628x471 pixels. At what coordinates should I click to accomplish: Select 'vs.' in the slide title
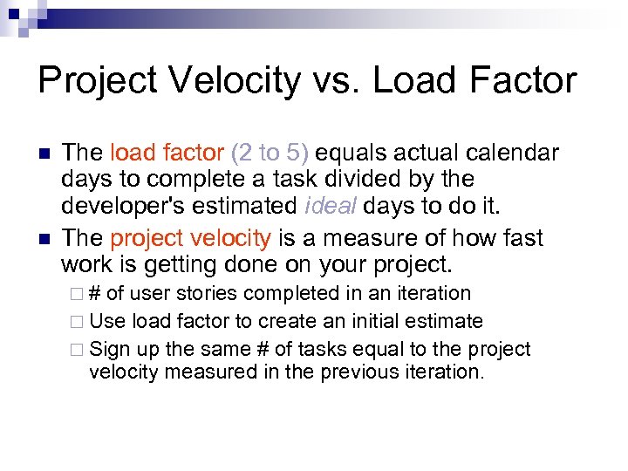click(x=343, y=81)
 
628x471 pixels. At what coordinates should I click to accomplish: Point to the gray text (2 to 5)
click(x=270, y=154)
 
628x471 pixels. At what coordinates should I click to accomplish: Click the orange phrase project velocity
click(x=191, y=238)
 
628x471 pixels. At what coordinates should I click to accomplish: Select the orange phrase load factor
click(x=167, y=154)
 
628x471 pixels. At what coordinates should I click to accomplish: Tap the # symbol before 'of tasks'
click(x=261, y=349)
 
